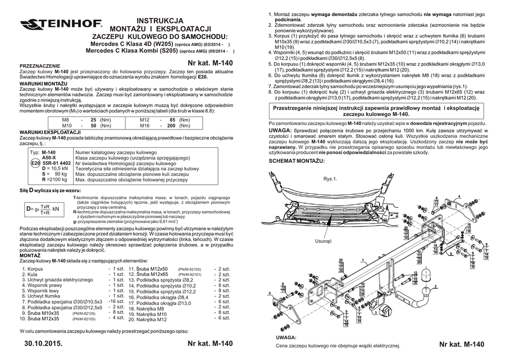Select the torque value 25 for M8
tap(93, 120)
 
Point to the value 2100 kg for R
tap(55, 179)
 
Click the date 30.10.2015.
tap(43, 345)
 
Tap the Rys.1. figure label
tap(330, 179)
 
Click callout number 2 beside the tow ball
tap(435, 286)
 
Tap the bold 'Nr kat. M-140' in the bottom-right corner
tap(462, 345)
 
